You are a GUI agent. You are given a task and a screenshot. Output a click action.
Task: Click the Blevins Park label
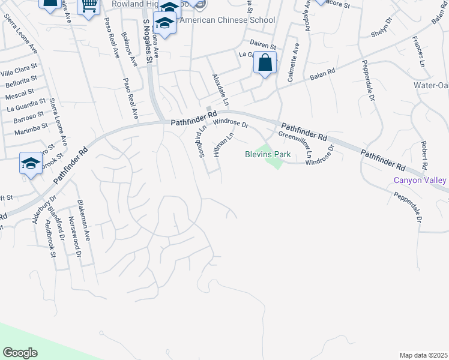tap(268, 154)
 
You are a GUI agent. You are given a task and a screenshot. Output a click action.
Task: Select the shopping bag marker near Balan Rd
tap(265, 62)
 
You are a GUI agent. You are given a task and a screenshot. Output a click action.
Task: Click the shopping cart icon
tap(89, 5)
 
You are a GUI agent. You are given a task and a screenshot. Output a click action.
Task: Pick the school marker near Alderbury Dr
tap(31, 163)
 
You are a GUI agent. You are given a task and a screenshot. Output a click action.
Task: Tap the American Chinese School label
tap(224, 20)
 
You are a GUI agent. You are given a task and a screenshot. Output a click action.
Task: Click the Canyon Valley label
tap(420, 180)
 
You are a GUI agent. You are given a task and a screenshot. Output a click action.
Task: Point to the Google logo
tap(20, 352)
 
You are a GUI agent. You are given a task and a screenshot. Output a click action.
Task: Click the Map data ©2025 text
tap(423, 355)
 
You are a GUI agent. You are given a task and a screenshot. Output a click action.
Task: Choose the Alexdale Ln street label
tap(220, 90)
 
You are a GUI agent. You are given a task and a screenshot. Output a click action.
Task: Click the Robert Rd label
tap(424, 155)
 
